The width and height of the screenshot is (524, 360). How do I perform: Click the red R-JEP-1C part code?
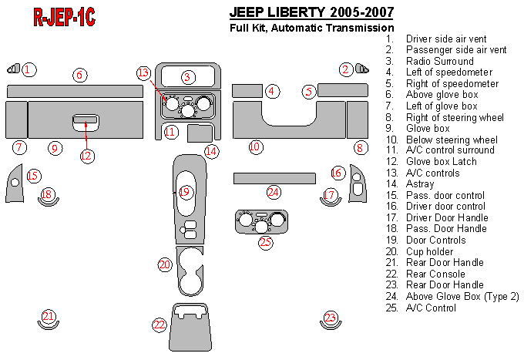(64, 17)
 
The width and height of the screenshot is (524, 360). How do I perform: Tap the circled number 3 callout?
(187, 77)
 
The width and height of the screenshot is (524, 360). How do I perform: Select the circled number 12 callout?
(86, 156)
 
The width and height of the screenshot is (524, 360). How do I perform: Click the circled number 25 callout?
(266, 242)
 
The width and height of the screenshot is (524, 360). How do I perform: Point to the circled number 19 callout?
(184, 192)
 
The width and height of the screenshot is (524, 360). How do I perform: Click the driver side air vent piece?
(14, 69)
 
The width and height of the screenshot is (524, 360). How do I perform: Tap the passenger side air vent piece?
(362, 69)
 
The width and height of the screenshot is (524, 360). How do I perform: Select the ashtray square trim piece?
(200, 133)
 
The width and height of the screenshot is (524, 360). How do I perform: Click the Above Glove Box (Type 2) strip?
(274, 179)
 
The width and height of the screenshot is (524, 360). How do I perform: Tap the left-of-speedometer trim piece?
(247, 91)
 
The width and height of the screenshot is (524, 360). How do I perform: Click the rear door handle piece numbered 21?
(48, 326)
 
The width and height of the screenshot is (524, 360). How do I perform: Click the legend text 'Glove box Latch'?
(441, 161)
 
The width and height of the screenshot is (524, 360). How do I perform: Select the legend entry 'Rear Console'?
(435, 274)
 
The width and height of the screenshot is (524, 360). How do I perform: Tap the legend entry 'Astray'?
(420, 184)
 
